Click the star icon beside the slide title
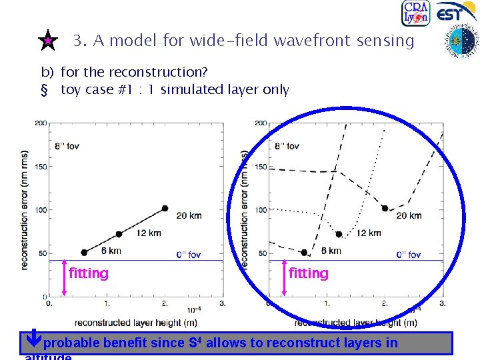[x=48, y=41]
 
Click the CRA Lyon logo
[x=416, y=14]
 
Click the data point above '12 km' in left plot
[x=119, y=234]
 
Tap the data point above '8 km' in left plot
[x=84, y=253]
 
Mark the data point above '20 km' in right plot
[x=385, y=208]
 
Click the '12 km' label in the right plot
[x=369, y=233]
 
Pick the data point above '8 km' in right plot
[x=305, y=253]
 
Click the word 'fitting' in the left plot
[x=89, y=273]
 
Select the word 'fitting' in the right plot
[x=309, y=273]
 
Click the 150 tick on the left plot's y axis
[x=40, y=167]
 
